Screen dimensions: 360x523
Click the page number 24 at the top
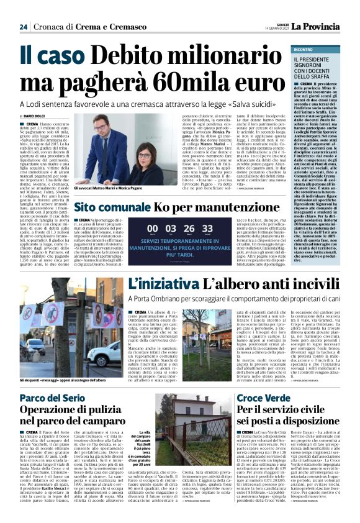click(23, 27)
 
